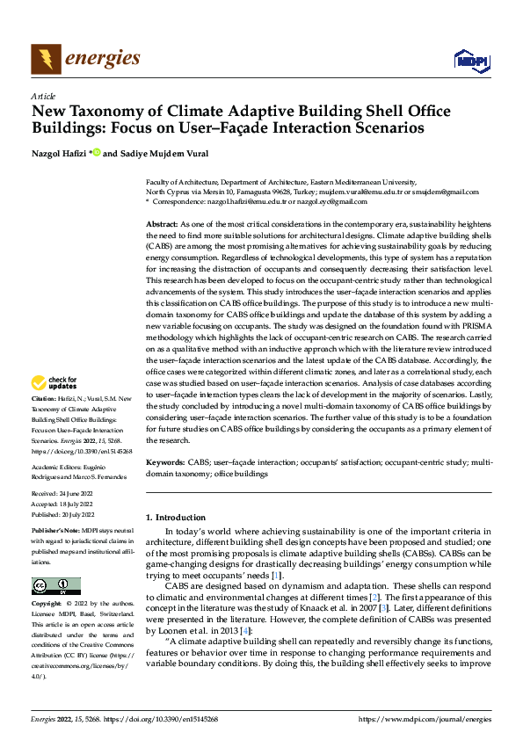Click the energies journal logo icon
click(45, 59)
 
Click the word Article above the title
click(43, 96)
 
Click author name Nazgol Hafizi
click(61, 154)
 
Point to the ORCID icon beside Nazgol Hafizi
click(98, 154)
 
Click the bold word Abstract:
click(161, 225)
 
